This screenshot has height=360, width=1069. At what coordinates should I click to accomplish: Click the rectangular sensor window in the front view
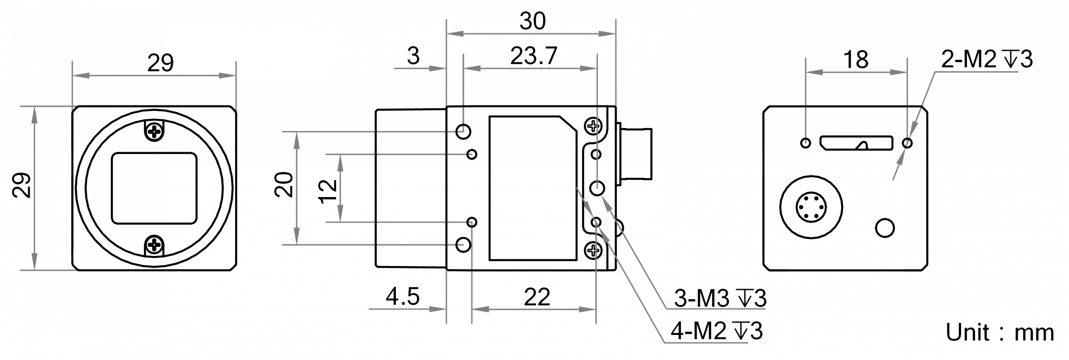(154, 188)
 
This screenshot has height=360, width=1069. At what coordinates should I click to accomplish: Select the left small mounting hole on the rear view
(806, 143)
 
